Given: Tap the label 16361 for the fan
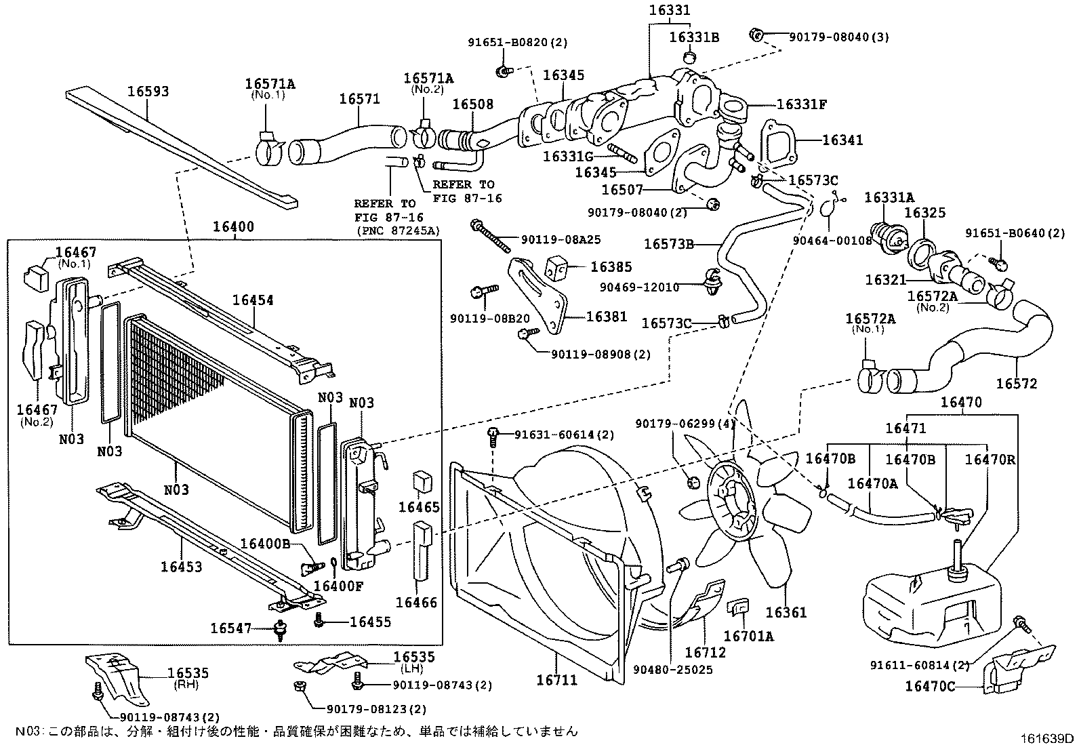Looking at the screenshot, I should point(786,612).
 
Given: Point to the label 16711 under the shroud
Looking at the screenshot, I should point(557,679).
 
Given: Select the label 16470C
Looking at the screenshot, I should point(929,686).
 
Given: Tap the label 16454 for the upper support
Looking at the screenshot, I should point(253,300).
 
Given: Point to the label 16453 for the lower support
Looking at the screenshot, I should point(181,566).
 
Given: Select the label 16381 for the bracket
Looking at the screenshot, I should point(607,317).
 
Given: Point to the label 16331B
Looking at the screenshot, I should point(694,37).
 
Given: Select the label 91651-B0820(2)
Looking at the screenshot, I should point(517,42).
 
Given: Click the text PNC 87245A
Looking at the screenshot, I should point(397,230).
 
